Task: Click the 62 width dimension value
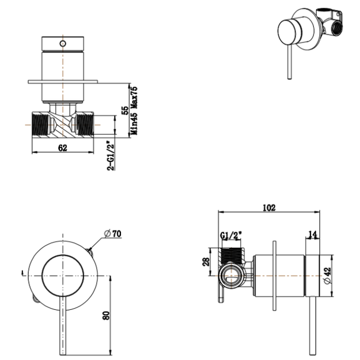62,147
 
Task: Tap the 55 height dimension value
125,111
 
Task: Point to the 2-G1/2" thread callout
111,155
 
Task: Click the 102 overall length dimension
268,207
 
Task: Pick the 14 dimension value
313,234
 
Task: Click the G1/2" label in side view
231,236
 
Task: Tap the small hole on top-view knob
62,43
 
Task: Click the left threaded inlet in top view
40,123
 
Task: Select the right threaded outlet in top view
85,123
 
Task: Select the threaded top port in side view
233,254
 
